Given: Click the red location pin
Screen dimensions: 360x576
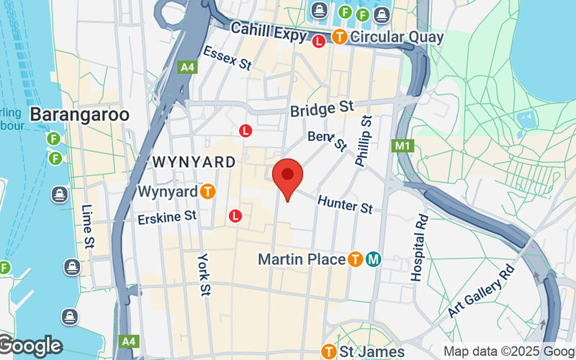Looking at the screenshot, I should coord(288,179).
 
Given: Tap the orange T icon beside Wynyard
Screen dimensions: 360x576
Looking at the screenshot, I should coord(208,192).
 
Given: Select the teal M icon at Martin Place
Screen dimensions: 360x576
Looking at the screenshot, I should coord(373,259).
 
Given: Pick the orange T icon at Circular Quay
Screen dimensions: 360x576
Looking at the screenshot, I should coord(338,37).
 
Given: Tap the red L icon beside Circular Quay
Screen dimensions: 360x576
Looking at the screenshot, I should coord(320,41).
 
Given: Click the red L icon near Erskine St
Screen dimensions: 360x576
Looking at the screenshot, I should coord(235,215).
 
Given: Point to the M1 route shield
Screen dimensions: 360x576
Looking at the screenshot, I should coord(402,146).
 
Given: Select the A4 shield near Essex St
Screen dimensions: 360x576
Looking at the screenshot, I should coord(187,67).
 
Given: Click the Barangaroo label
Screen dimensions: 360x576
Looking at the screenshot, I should coord(79,114).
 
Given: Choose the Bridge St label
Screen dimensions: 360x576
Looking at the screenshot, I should coord(323,109).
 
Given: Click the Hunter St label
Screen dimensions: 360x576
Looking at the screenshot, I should coord(345,204).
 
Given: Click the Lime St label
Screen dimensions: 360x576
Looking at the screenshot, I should coord(89,225).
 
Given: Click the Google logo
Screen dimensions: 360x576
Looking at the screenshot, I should coord(31,346).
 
